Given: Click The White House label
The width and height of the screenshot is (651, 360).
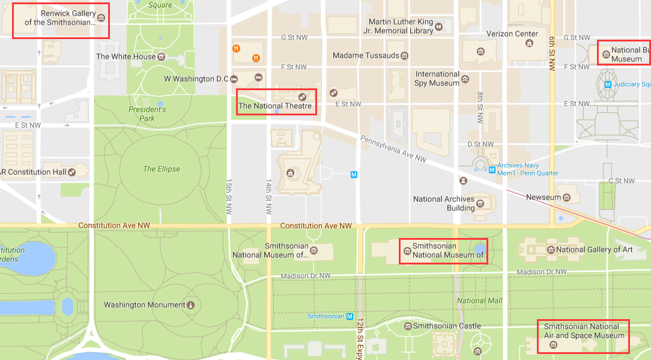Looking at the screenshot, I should [x=126, y=56].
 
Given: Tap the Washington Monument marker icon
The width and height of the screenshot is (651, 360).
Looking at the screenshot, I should [x=191, y=305].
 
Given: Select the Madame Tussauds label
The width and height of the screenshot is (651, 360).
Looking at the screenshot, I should [x=365, y=55].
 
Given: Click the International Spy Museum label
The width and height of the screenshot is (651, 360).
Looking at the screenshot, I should [x=437, y=79].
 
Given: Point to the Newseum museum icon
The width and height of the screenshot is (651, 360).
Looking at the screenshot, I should [x=566, y=197].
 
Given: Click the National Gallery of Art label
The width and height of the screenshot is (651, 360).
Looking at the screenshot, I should [x=594, y=249].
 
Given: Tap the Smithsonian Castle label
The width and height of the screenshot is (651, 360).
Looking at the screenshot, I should [x=447, y=326].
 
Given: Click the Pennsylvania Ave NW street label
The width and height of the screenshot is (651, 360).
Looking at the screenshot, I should [x=393, y=149].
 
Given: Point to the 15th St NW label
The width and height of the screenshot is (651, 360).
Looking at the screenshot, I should [x=229, y=197].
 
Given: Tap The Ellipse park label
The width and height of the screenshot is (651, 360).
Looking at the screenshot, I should [x=162, y=169].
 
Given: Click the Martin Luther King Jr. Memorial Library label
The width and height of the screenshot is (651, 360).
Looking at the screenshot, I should [x=401, y=26].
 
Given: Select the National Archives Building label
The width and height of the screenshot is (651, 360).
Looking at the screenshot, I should [x=444, y=203].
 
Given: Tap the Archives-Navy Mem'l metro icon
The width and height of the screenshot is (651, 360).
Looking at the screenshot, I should [x=492, y=169].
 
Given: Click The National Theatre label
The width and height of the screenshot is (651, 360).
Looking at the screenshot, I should [x=275, y=106].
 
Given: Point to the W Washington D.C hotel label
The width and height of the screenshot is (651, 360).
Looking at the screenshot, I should [x=196, y=79].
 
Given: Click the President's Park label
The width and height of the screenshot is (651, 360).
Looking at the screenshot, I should [x=147, y=114].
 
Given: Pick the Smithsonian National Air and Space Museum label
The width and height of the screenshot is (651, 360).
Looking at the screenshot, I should [x=584, y=331].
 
